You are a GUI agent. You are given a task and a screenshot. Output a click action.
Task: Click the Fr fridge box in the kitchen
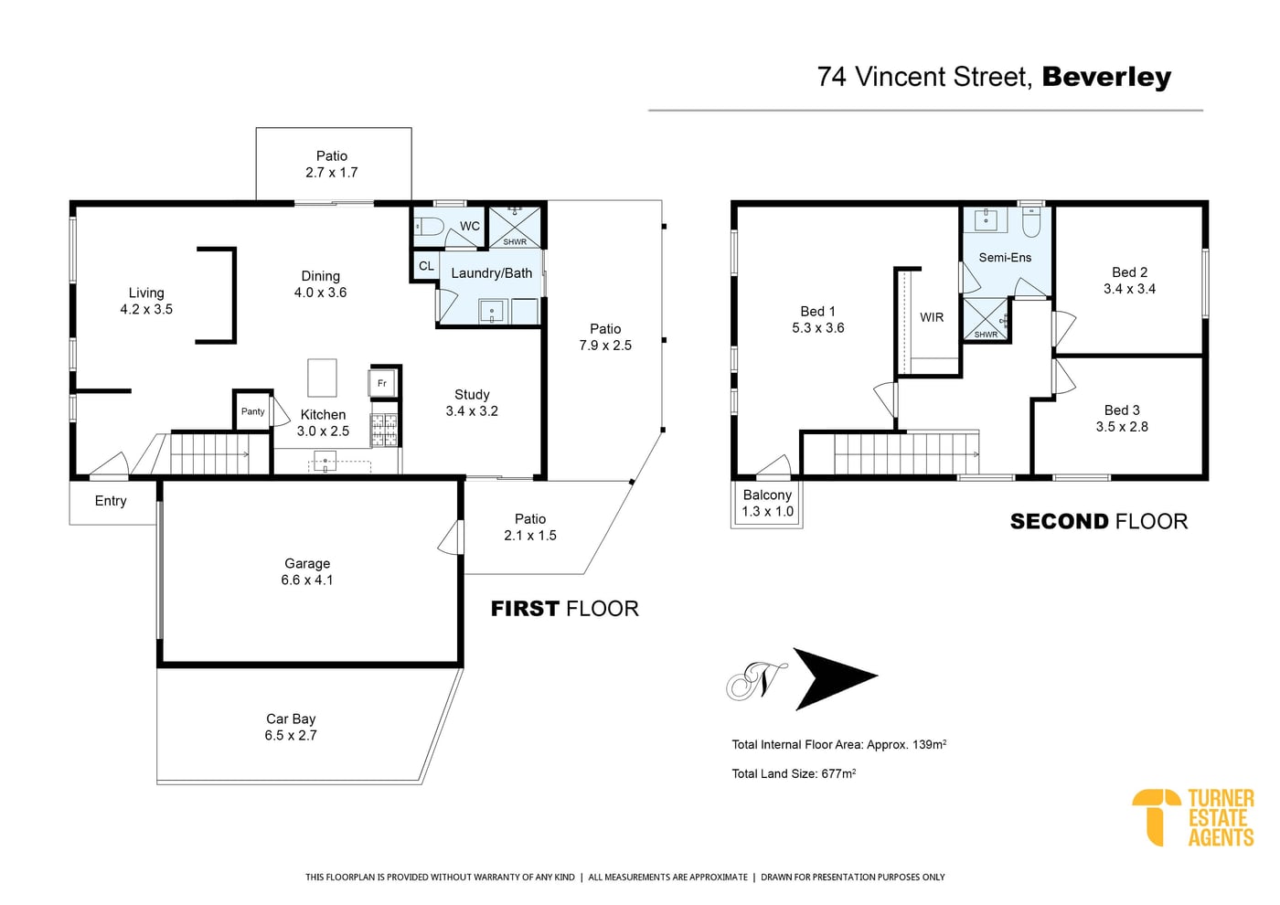382,383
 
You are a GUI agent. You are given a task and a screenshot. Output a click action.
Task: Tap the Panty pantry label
252,411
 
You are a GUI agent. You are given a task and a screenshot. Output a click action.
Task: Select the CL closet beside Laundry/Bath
426,266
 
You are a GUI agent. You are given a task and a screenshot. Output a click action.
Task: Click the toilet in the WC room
429,227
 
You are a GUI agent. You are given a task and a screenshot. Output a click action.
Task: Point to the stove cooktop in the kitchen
383,430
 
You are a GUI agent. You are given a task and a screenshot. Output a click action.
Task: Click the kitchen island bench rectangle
322,378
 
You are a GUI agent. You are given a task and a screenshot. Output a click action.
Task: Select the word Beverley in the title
1106,77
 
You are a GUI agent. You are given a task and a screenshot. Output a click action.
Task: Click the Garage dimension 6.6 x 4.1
307,580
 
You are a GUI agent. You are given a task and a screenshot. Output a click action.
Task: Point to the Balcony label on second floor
767,495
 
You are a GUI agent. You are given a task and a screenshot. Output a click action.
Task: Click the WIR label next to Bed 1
932,317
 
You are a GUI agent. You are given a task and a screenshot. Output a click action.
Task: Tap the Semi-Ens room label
1005,258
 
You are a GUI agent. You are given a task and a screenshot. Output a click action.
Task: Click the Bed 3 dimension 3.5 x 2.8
1122,427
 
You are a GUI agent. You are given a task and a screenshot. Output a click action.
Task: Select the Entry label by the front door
111,501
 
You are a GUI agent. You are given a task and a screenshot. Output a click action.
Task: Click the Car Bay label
291,719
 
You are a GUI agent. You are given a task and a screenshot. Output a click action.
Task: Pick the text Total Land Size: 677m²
794,773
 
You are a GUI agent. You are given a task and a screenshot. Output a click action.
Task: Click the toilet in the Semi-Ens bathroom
1032,223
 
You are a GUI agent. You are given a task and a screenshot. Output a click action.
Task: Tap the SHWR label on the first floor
515,241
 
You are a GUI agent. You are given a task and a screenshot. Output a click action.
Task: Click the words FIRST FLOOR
565,609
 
